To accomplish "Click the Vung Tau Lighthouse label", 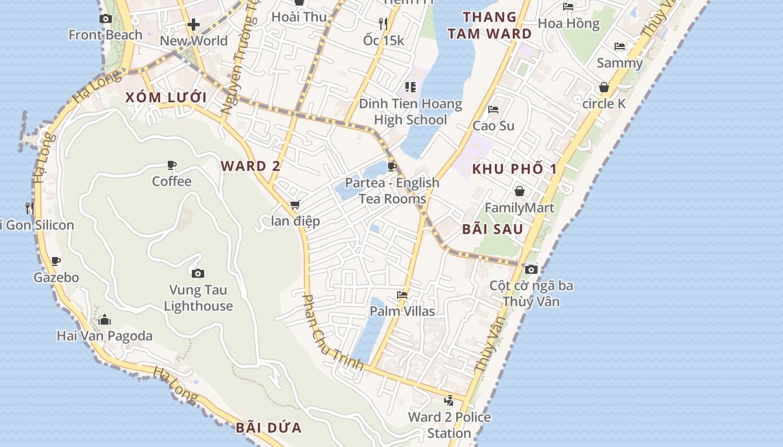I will coord(199,298).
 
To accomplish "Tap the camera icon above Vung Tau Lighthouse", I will coord(197,273).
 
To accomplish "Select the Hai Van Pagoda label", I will coord(105,336).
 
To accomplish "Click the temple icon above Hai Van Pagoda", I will coord(104,320).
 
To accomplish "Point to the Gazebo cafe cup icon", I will coord(56,261).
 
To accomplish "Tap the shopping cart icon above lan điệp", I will coord(295,205).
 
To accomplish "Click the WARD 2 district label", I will coord(251,166).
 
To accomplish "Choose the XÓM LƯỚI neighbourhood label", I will coord(166,98).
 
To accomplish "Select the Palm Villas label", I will coord(403,311).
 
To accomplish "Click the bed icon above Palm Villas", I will coord(402,295).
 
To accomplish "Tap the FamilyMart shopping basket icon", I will coord(520,191).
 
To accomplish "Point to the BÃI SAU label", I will coord(493,229).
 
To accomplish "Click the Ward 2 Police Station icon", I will coord(449,400).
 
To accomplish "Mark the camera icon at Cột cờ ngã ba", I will coord(531,270).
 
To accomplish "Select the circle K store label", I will coord(604,104).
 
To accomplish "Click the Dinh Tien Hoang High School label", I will coord(411,112).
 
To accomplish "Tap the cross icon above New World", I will coord(194,25).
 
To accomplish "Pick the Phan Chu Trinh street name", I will coord(333,332).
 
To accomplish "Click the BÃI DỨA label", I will coord(268,428).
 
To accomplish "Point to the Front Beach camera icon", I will coord(105,19).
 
